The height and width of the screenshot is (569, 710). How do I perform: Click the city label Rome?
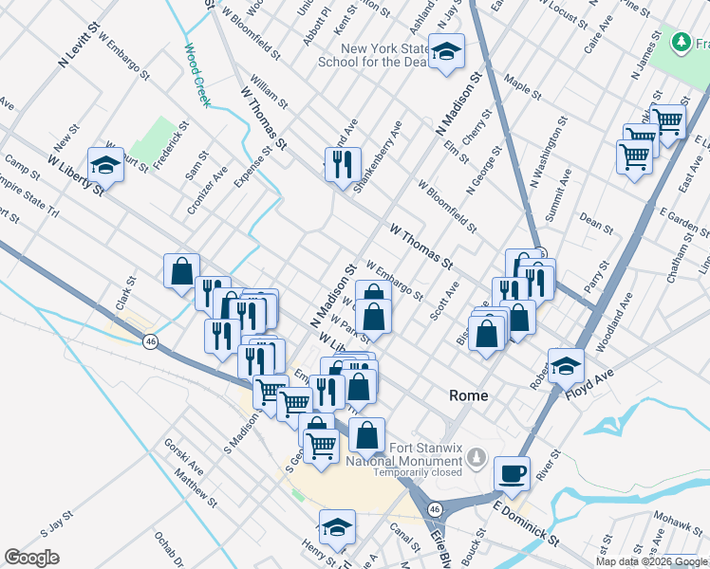coord(468,395)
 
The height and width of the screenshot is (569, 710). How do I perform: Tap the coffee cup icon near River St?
coord(513,471)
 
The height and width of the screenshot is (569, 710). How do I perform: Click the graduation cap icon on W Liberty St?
coord(106,164)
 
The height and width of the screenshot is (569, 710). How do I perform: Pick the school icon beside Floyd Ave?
coord(566,364)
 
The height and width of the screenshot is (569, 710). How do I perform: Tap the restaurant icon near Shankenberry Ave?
coord(343,163)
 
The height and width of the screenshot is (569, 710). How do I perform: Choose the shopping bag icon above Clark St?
coord(181,271)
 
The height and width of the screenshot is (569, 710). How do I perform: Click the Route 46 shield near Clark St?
coord(150,341)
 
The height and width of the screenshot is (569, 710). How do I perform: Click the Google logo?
coord(32,558)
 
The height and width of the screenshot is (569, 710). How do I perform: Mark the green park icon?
coord(681,43)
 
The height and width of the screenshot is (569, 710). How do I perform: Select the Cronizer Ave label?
coord(207,191)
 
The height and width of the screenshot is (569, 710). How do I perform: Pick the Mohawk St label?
coord(676,521)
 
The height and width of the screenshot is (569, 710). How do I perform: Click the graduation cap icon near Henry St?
coord(337,526)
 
